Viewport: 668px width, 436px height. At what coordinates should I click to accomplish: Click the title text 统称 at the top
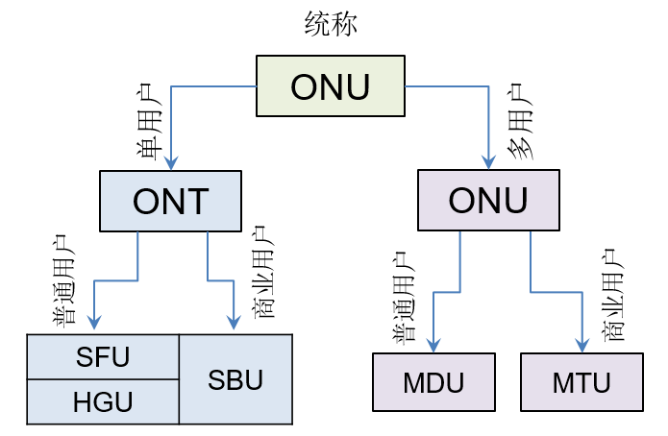point(331,25)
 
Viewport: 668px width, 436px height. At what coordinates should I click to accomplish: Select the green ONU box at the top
point(330,86)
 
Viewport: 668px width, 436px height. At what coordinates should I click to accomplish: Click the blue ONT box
point(170,201)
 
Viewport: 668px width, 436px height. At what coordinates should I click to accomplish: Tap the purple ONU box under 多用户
point(488,200)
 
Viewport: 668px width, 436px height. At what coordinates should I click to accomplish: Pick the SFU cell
point(102,356)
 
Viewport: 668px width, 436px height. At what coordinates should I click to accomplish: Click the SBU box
point(235,379)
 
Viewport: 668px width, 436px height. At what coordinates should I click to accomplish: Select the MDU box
point(433,382)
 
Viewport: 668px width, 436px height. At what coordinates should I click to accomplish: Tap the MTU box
point(581,382)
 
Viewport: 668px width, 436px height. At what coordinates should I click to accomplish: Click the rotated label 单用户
point(150,123)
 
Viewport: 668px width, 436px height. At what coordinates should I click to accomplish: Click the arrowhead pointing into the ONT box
point(171,163)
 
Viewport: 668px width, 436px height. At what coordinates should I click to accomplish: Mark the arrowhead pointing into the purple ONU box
point(489,162)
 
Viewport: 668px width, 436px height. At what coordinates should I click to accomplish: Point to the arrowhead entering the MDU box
point(433,346)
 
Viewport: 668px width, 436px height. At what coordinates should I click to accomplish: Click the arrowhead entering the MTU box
point(582,346)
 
